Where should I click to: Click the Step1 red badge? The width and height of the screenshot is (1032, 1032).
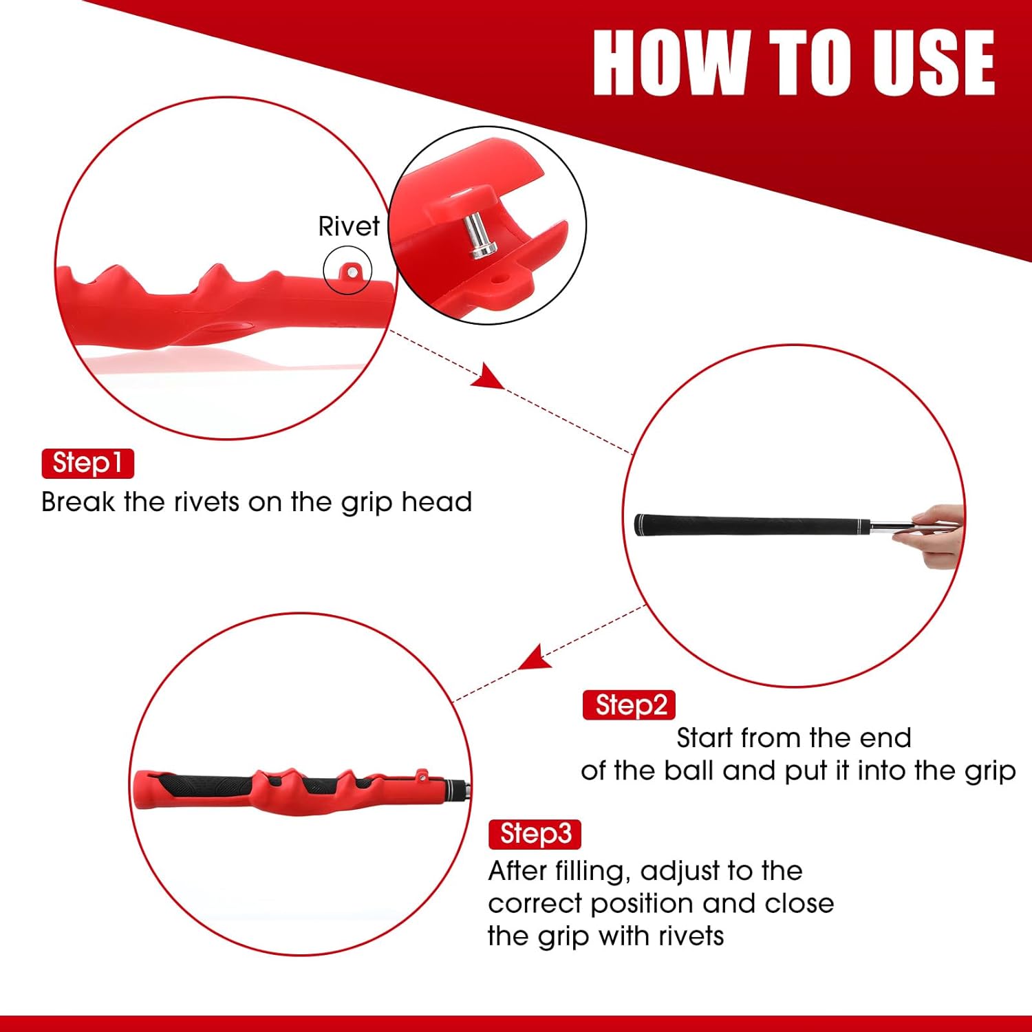click(87, 463)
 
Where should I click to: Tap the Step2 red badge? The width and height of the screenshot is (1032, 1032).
click(629, 705)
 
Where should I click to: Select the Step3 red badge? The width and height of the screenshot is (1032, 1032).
click(535, 834)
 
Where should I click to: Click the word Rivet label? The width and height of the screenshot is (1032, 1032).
click(348, 226)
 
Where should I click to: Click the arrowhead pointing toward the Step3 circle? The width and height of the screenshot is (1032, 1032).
click(535, 658)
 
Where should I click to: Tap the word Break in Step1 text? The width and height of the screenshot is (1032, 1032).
click(78, 502)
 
